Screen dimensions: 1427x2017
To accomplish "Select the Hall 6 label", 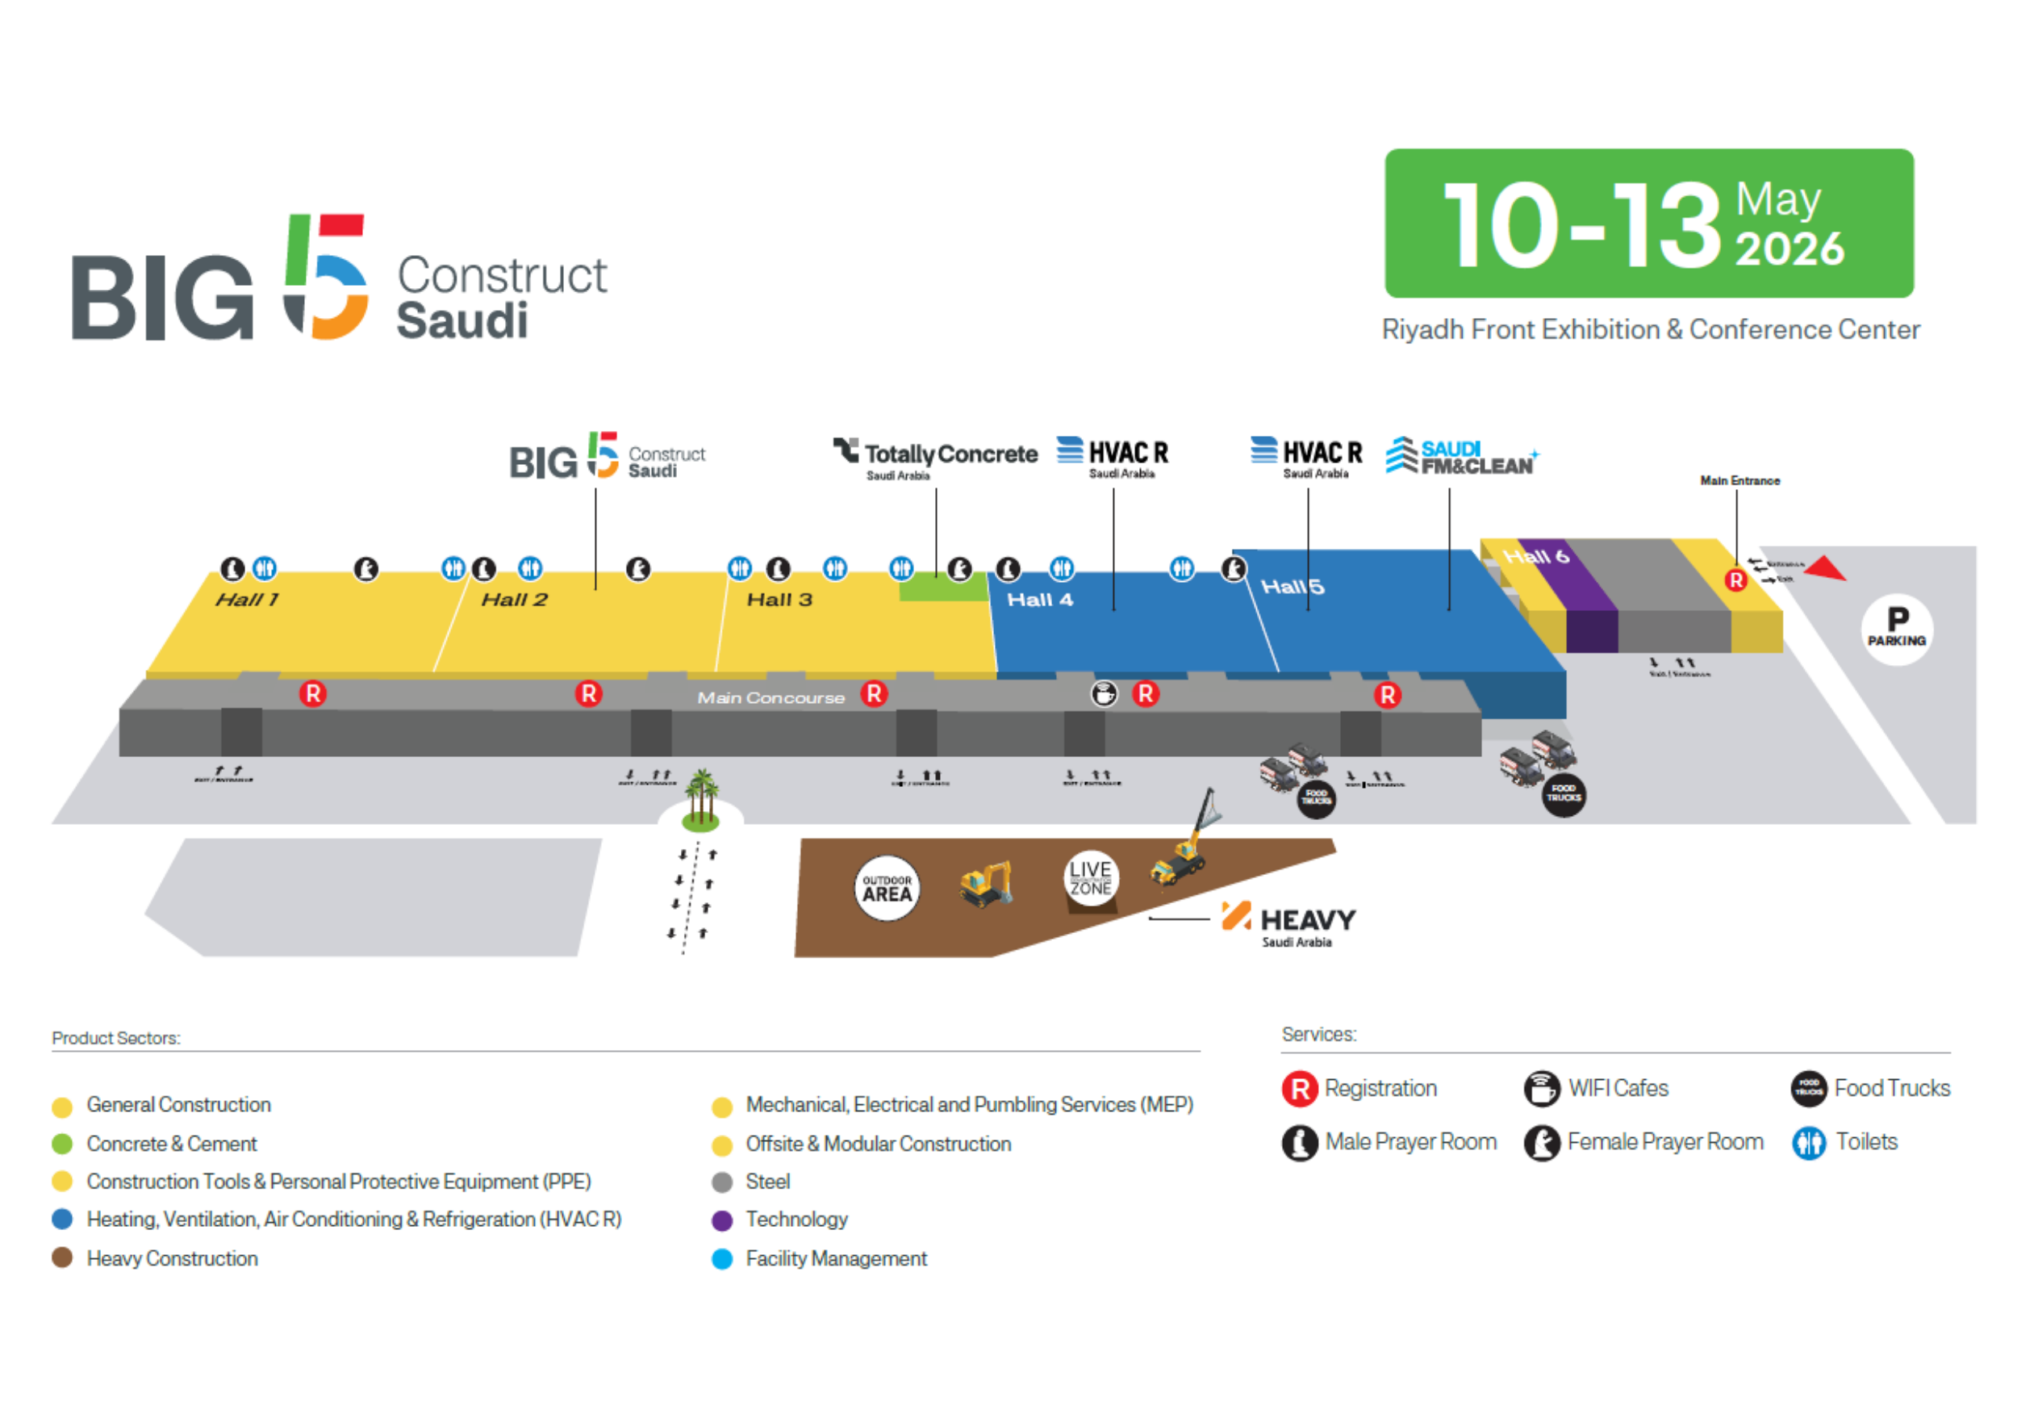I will [1535, 556].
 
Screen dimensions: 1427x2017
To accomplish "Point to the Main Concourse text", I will [770, 697].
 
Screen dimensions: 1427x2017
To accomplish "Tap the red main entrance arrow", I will [1827, 568].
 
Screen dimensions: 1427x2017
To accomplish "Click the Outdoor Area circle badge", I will [887, 888].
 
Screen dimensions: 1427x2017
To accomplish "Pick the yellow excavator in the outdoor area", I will [986, 883].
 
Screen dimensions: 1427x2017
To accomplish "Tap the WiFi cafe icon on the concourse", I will [1104, 694].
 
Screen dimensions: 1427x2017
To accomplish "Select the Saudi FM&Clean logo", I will [1462, 457].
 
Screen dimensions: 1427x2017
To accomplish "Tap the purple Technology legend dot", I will [722, 1220].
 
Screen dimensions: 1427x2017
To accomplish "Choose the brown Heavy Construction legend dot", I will [61, 1258].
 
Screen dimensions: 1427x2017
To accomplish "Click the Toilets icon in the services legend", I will [1808, 1143].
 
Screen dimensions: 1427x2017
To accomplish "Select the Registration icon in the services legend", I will [1299, 1089].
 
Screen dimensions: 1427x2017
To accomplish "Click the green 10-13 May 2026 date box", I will [1649, 224].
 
